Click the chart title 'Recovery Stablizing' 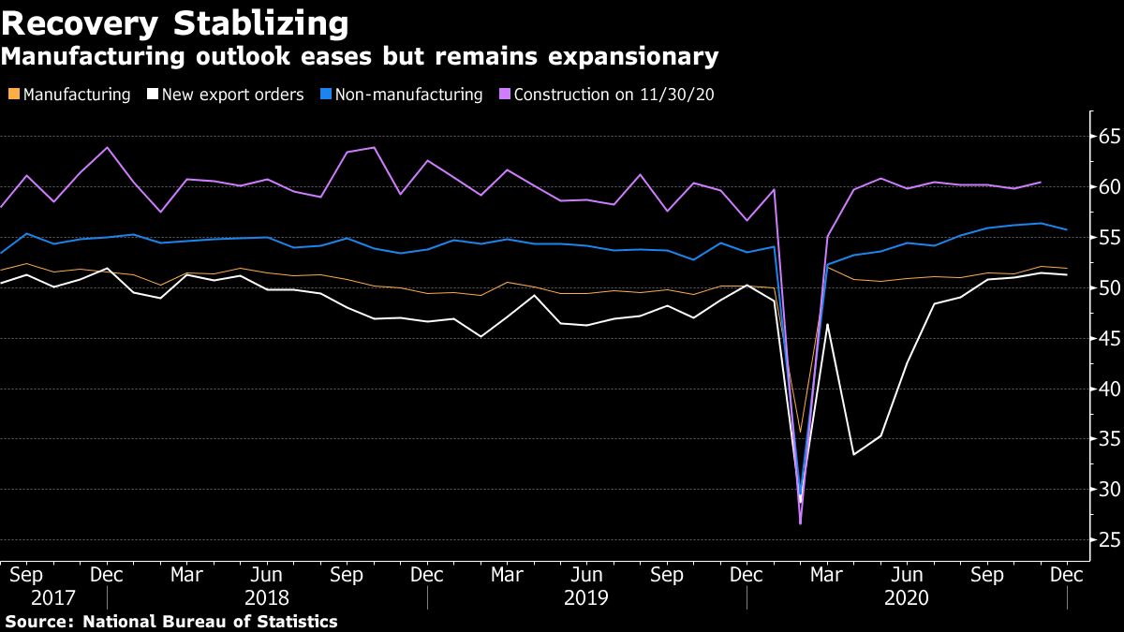(x=175, y=22)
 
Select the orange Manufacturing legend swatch (x=12, y=95)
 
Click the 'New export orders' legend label (x=232, y=95)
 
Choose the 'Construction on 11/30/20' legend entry (x=614, y=95)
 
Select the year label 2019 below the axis (x=586, y=597)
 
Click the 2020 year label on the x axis (x=906, y=597)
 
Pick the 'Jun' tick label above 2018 (x=267, y=574)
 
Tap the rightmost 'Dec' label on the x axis (x=1067, y=574)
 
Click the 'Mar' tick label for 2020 (x=826, y=574)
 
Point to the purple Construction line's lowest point (x=800, y=523)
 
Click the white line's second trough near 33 (x=853, y=455)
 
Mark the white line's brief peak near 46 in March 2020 (x=827, y=325)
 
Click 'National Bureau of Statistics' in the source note (x=210, y=622)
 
